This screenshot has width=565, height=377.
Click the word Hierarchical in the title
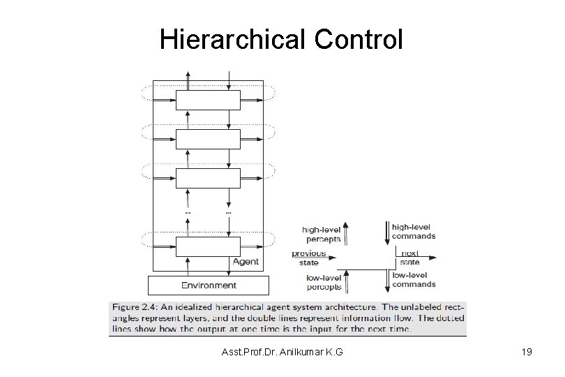232,40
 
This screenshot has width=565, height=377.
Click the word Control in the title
359,40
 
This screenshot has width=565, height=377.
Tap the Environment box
209,285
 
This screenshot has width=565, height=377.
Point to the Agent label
245,262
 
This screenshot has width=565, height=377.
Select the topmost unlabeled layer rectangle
208,101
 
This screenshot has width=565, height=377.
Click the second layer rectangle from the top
208,139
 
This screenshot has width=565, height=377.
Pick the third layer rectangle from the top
208,177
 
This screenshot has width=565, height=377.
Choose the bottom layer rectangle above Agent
208,246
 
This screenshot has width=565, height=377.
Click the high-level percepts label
321,233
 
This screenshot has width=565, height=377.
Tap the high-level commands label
413,231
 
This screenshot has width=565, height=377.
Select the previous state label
308,258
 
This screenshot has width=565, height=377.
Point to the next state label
409,258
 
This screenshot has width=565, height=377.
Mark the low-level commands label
413,279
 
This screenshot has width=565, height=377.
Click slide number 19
527,352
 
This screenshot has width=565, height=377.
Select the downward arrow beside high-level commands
384,232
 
